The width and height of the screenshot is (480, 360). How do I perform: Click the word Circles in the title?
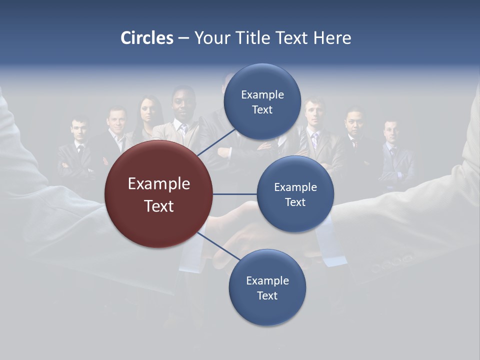(146, 37)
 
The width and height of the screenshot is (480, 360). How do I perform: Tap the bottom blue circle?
(267, 310)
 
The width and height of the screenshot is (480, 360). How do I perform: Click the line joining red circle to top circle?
(217, 141)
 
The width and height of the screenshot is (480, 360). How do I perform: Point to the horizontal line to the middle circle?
(235, 194)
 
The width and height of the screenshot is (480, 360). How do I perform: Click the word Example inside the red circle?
(159, 184)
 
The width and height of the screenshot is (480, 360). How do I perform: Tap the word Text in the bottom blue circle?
(267, 295)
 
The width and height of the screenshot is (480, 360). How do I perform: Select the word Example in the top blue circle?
(262, 94)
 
